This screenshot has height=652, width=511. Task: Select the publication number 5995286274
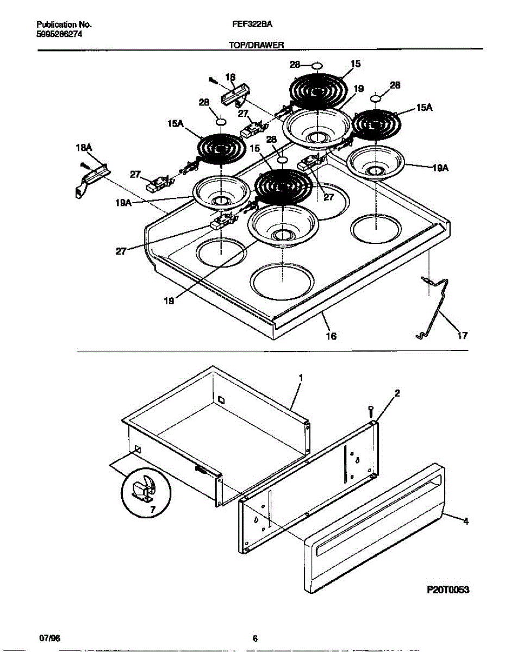pos(60,34)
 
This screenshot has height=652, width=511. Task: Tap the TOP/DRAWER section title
pos(257,47)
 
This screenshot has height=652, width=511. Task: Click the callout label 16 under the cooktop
pos(331,336)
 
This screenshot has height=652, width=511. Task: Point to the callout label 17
pos(462,336)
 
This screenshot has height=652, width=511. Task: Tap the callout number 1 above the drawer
pos(300,377)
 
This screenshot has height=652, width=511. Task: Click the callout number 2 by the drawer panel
pos(397,393)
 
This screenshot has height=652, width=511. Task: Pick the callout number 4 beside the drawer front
pos(465,522)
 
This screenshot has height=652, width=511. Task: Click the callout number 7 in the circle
pos(152,509)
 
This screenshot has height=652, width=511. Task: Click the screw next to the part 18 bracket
pos(213,80)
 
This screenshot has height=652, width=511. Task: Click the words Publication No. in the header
pos(64,25)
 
